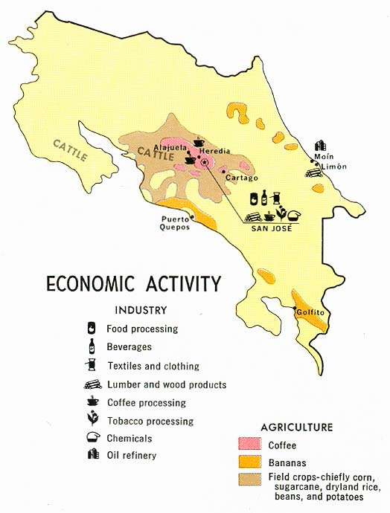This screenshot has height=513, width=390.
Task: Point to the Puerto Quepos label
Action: (x=176, y=223)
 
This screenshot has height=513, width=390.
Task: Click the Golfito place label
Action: (x=310, y=313)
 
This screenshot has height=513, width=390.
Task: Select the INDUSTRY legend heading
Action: (x=141, y=311)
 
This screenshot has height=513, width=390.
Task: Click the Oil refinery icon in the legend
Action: (x=93, y=455)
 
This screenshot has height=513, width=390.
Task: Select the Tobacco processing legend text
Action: (x=150, y=422)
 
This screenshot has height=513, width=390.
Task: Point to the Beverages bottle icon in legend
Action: (x=92, y=346)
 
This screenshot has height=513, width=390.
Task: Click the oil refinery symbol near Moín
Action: (x=320, y=146)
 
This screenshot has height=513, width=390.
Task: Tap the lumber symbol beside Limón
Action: (x=311, y=171)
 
